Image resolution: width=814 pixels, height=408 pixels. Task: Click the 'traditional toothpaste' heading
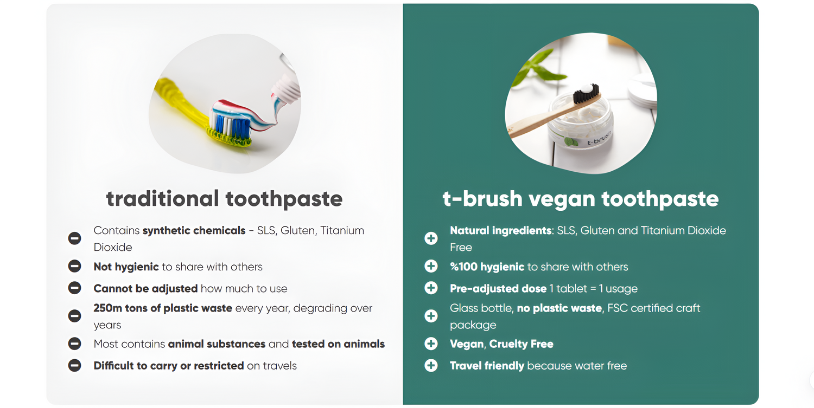point(224,198)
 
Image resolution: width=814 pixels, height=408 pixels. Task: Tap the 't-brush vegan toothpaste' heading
point(580,198)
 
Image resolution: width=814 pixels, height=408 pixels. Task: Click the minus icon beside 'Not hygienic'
point(74,266)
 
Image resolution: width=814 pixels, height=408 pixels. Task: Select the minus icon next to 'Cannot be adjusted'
point(74,288)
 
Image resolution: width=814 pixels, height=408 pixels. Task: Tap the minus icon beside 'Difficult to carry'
point(74,365)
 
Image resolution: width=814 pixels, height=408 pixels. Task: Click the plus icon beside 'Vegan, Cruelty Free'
point(431,344)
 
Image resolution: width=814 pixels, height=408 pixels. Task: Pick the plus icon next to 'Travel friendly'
point(431,365)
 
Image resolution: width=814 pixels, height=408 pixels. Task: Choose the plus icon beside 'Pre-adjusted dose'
point(431,288)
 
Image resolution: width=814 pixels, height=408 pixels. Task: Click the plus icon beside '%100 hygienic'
point(431,266)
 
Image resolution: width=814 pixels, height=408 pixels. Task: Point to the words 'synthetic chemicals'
point(194,230)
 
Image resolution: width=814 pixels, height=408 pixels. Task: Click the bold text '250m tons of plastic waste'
point(163,308)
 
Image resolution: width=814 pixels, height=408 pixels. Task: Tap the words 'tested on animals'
point(338,344)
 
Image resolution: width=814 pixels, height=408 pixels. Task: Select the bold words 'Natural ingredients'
point(501,230)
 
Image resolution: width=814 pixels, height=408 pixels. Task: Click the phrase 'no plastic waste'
point(559,308)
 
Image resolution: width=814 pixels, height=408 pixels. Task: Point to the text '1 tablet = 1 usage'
point(594,289)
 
